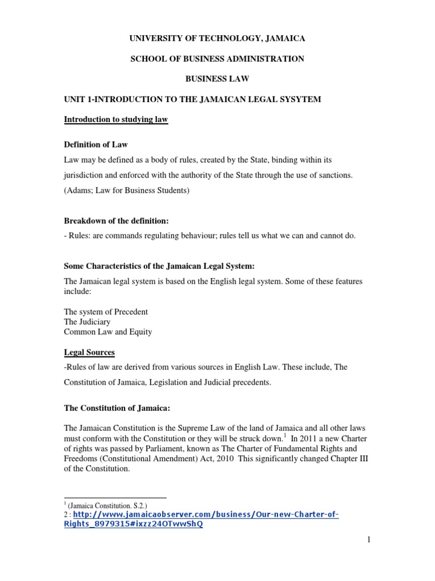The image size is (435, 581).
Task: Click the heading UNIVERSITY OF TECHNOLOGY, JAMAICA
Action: tap(217, 38)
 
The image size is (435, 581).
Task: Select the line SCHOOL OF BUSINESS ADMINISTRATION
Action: tap(217, 58)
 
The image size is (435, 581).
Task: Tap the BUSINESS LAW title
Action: tap(217, 79)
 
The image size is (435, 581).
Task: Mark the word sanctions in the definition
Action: tap(333, 176)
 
